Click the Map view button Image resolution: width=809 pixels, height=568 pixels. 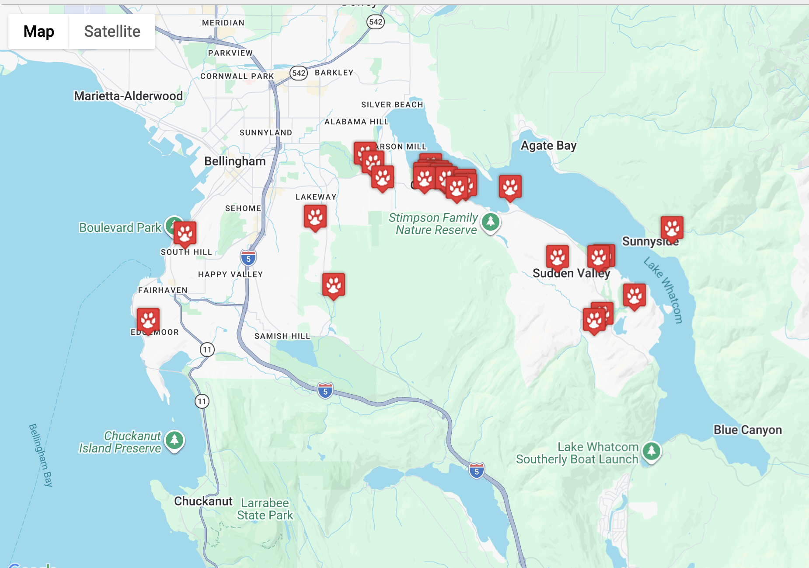(38, 32)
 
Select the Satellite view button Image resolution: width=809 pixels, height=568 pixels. (112, 32)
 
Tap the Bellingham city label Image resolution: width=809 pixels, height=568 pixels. (235, 161)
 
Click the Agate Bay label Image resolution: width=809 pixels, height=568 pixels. (548, 145)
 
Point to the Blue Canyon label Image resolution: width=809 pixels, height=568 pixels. (747, 430)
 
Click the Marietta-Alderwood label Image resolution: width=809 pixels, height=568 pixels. (128, 96)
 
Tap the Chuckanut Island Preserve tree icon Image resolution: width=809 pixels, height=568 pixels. (174, 440)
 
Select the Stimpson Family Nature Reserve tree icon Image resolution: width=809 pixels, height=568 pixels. (490, 222)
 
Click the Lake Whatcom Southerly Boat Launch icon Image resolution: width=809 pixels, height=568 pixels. (651, 450)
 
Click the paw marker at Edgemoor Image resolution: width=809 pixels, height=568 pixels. (148, 320)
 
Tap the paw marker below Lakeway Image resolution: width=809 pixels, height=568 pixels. (315, 217)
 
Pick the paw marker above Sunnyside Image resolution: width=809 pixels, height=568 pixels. (672, 228)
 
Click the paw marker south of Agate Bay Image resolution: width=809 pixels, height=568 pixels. (510, 187)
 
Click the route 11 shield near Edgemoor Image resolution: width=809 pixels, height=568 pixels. (207, 349)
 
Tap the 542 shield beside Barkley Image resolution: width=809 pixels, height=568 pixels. (299, 73)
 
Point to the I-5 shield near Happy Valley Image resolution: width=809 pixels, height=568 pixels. (248, 258)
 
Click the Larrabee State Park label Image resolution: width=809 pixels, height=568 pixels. (265, 509)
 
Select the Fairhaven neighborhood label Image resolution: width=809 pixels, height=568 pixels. (163, 290)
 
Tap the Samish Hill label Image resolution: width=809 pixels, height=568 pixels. (282, 336)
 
